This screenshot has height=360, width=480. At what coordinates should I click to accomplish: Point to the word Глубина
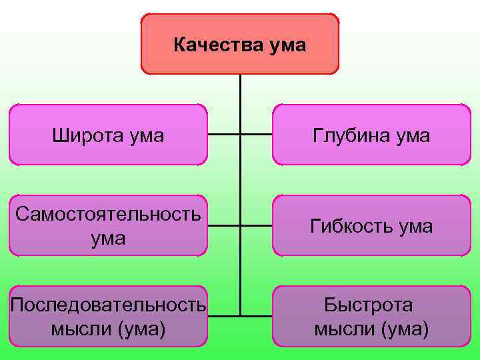coord(348,136)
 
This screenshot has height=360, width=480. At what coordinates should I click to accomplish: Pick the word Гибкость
coord(347,227)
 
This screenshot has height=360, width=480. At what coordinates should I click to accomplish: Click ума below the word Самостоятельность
coord(108,238)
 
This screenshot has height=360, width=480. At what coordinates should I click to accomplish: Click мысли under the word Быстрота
coord(337,329)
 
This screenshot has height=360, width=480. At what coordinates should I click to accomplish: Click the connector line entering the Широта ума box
coord(224,135)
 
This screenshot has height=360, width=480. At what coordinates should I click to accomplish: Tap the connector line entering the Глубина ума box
coord(257,135)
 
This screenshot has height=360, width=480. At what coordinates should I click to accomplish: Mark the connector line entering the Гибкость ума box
coord(257,225)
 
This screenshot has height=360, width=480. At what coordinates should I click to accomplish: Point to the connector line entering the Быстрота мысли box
coord(257,315)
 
